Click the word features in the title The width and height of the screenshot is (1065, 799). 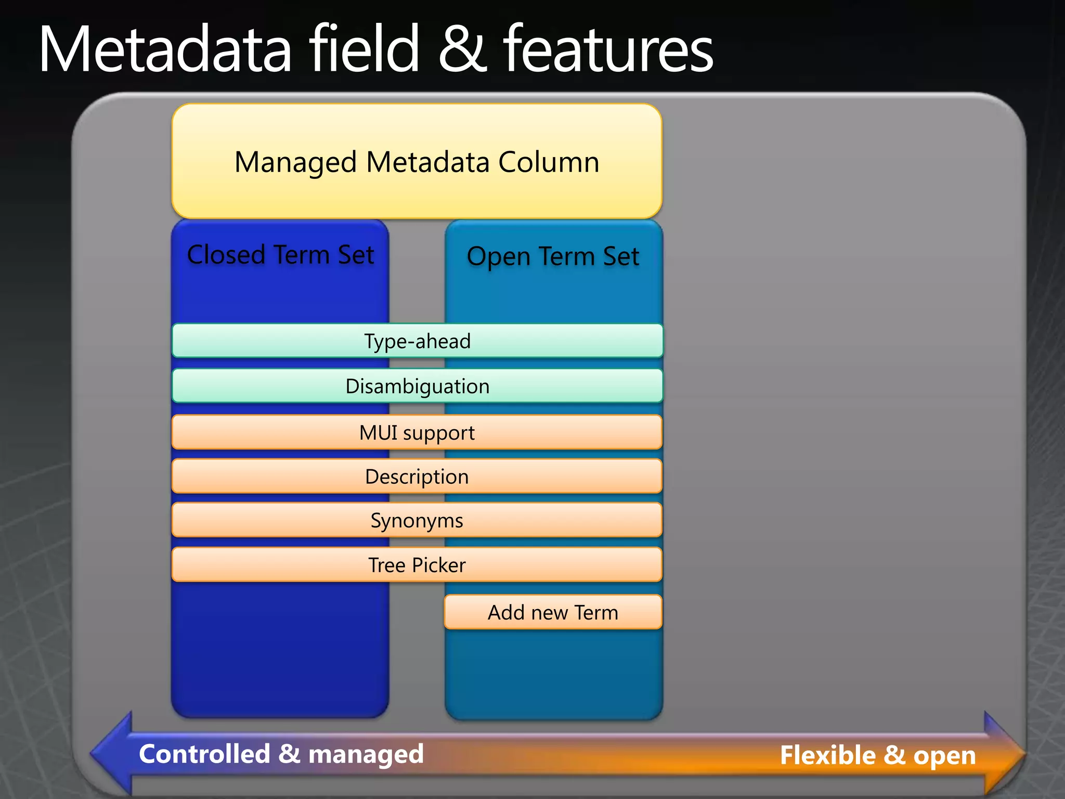click(608, 50)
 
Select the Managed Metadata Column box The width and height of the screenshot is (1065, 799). click(417, 161)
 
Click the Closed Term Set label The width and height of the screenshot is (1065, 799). click(280, 255)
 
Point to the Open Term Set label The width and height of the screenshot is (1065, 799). click(553, 256)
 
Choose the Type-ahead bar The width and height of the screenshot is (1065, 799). click(417, 341)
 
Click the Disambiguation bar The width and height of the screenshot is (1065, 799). click(417, 386)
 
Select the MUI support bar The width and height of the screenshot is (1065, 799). click(417, 432)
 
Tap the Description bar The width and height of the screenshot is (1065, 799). click(417, 476)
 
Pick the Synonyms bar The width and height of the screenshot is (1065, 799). click(417, 520)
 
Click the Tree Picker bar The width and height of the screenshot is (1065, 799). click(417, 565)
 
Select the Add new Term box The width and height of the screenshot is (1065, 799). click(553, 612)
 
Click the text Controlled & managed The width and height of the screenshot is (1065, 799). click(281, 754)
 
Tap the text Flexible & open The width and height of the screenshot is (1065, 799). click(878, 755)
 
